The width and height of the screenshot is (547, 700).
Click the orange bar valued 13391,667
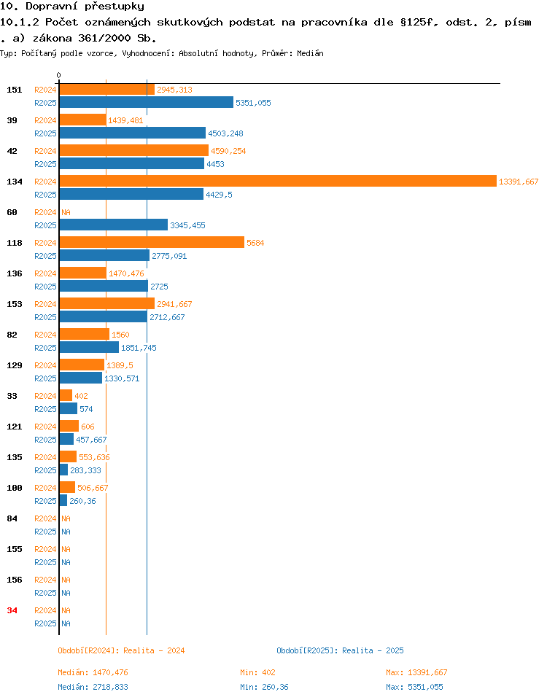(x=278, y=181)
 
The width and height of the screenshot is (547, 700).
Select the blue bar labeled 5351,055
(x=146, y=102)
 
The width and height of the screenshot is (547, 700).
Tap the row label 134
(x=15, y=182)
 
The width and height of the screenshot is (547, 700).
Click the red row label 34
(x=12, y=610)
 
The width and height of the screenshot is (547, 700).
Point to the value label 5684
(x=255, y=243)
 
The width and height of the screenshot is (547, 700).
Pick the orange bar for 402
(x=66, y=395)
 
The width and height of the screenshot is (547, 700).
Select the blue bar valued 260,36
(x=63, y=500)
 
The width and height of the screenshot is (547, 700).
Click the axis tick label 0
(x=58, y=75)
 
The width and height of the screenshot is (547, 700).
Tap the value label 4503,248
(x=225, y=133)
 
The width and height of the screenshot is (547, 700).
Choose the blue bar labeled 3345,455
(x=114, y=225)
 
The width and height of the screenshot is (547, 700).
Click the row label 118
(x=15, y=243)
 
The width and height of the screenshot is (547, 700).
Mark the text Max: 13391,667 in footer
(x=416, y=672)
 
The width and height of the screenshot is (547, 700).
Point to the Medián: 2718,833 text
(x=93, y=687)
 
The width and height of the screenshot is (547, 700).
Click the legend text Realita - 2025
(x=373, y=650)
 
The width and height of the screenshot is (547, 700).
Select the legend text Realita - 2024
(x=154, y=650)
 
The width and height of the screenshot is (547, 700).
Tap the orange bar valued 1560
(x=85, y=334)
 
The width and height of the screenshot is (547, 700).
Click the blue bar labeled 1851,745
(x=89, y=347)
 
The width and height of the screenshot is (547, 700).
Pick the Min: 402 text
(x=257, y=672)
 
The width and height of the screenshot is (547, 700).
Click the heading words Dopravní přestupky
(x=85, y=7)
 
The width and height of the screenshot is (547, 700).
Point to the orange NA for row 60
(x=66, y=212)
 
